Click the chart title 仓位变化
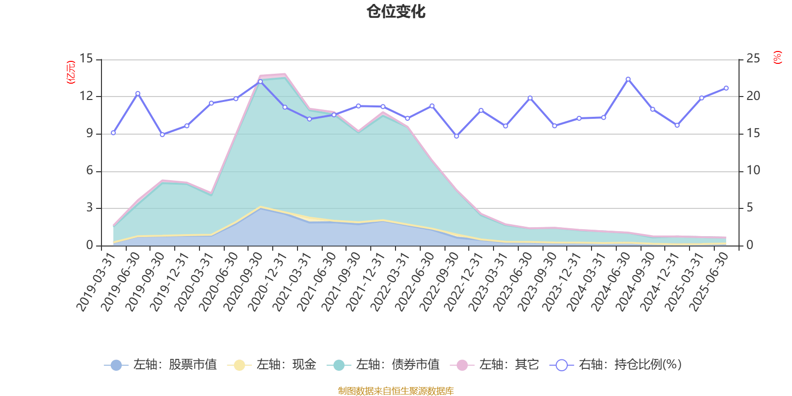tap(396, 11)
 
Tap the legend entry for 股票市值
tap(160, 365)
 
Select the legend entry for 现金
tap(272, 365)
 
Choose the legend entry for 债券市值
tap(383, 365)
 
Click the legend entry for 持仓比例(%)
tap(616, 365)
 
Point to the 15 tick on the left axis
tap(87, 59)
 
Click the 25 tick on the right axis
tap(753, 59)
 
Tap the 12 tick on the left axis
tap(87, 96)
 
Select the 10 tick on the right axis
tap(753, 171)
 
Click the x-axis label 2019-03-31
tap(96, 282)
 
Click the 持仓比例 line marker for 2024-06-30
tap(628, 79)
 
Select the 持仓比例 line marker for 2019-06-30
tap(138, 94)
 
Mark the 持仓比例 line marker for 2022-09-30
tap(456, 136)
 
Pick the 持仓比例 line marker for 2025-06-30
tap(726, 88)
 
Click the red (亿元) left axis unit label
tap(70, 72)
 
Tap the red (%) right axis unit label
tap(778, 57)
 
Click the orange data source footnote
tap(396, 391)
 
